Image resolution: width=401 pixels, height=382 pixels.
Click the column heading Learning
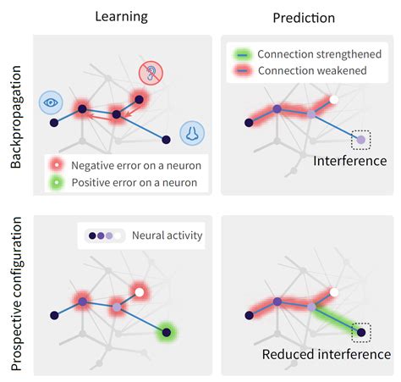[x=121, y=16]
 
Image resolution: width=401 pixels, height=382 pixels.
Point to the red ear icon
[x=152, y=73]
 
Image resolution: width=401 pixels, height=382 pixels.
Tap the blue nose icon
[x=192, y=131]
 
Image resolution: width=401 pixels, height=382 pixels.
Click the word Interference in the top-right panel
[x=349, y=160]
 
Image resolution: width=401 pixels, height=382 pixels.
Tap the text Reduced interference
[x=326, y=354]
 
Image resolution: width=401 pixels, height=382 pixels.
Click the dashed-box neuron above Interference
[x=361, y=139]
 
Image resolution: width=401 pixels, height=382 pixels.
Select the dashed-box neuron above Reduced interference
[x=361, y=332]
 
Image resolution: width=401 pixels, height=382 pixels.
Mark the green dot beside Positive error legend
[x=58, y=182]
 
